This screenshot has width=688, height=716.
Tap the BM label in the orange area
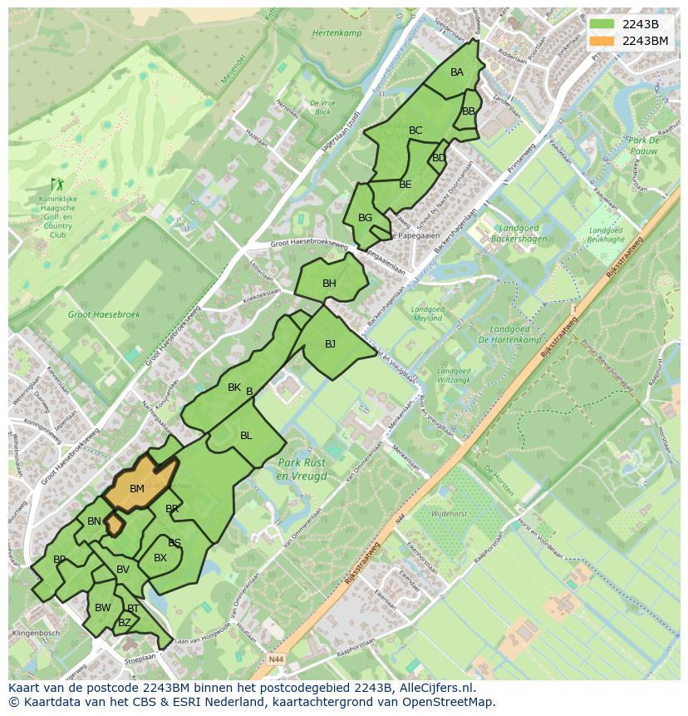pos(137,489)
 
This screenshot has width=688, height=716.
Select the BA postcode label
pos(457,72)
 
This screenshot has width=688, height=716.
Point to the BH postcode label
pos(329,284)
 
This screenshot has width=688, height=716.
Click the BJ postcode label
pos(330,344)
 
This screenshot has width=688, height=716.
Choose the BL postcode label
pos(246,436)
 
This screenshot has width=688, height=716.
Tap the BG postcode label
pos(365,218)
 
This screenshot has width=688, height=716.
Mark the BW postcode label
pos(102,608)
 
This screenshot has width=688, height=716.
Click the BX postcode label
pos(160,558)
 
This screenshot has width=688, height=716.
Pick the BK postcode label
pos(234,388)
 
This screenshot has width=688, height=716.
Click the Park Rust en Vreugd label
pos(302,470)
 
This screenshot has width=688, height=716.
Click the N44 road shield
pos(278,659)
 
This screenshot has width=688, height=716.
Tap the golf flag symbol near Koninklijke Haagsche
pos(57,184)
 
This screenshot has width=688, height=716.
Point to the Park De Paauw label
pos(643,146)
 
